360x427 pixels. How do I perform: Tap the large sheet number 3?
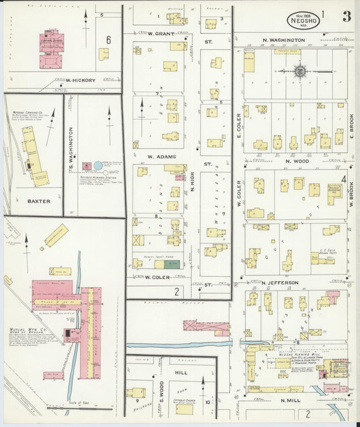(346, 17)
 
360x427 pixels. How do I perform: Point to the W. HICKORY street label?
(80, 80)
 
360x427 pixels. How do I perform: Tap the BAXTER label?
(34, 201)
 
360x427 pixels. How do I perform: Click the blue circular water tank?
(99, 166)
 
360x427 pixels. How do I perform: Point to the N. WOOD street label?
(297, 161)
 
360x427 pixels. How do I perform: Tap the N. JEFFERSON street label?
(284, 282)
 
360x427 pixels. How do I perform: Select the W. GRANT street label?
(161, 33)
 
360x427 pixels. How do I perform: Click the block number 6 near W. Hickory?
(108, 40)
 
